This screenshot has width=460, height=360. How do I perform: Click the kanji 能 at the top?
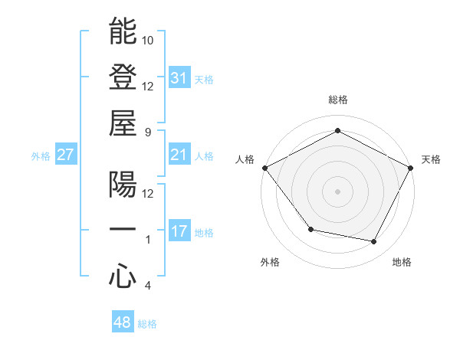pos(123,31)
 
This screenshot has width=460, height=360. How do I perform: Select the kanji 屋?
pos(123,123)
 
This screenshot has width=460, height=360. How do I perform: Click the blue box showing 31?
pos(179,78)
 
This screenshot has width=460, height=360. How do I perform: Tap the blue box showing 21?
pos(179,155)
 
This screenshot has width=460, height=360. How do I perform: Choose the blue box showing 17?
pos(179,231)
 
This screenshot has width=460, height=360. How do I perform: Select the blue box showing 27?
pos(66,155)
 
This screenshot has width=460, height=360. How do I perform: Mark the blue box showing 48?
pos(123,322)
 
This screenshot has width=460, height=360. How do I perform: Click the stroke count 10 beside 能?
pos(148,40)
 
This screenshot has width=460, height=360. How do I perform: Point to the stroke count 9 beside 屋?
pos(148,132)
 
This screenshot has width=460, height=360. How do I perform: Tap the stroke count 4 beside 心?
pos(148,286)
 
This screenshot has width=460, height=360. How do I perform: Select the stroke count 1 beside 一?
pos(148,240)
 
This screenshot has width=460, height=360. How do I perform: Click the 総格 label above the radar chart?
pos(338,100)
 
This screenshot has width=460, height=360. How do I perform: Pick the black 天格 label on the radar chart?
pos(432,159)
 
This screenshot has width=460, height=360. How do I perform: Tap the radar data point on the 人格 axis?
pos(264,167)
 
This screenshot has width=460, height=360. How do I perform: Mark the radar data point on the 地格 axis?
pos(374,242)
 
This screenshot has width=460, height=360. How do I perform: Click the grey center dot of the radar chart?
pos(338,191)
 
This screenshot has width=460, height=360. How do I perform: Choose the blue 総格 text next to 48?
pos(147,324)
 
